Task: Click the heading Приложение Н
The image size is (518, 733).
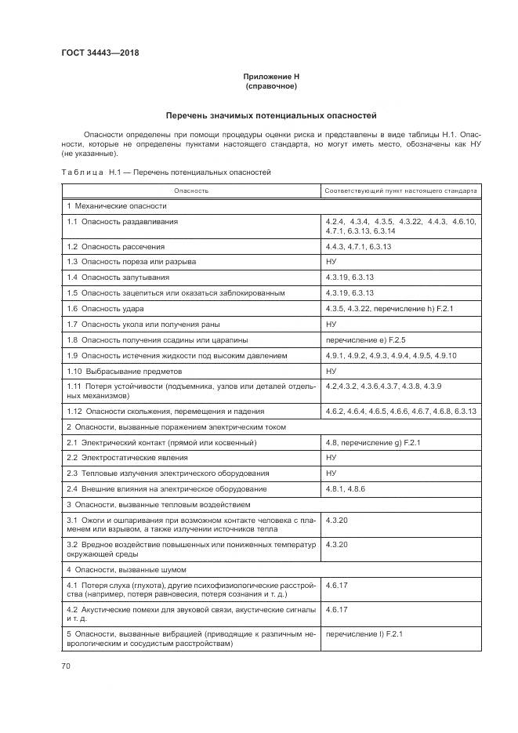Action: point(271,76)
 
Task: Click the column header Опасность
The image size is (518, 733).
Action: point(191,191)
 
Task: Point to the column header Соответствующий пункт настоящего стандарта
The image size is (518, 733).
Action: point(400,191)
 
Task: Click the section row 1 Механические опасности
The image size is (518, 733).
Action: point(117,206)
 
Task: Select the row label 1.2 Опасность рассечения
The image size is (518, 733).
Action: point(115,246)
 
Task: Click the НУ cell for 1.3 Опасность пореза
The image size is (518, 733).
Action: point(331,261)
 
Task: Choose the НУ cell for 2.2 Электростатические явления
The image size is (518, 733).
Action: point(331,457)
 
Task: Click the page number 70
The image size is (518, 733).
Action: point(66,666)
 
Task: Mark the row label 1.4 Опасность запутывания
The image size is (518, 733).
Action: point(118,277)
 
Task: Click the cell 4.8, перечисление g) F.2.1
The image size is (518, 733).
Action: point(373,442)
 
